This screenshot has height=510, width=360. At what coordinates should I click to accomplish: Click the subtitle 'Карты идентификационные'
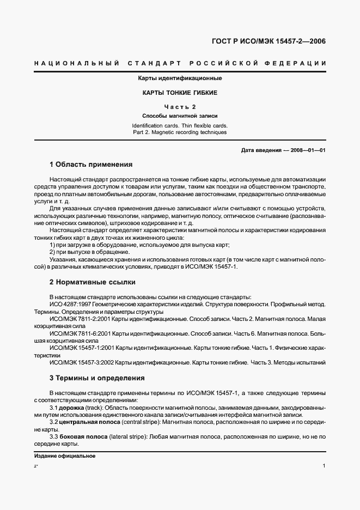tap(180, 78)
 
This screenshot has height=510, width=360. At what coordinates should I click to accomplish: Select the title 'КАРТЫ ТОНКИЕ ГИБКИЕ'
tap(180, 93)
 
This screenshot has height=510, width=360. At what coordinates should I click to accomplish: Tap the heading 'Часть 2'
tap(180, 107)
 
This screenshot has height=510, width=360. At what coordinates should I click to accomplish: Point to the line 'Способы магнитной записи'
tap(180, 116)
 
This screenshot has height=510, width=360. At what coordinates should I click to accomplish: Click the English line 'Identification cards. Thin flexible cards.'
tap(180, 125)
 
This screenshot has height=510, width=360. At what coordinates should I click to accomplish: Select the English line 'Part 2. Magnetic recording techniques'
tap(180, 132)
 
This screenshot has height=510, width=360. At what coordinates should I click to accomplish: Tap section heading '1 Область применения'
tap(91, 164)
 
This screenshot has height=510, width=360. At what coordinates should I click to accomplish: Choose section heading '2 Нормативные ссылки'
tap(93, 282)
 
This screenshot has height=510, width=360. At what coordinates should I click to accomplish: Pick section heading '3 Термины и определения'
tap(97, 378)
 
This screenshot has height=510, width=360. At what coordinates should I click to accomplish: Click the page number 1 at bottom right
tap(324, 466)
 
